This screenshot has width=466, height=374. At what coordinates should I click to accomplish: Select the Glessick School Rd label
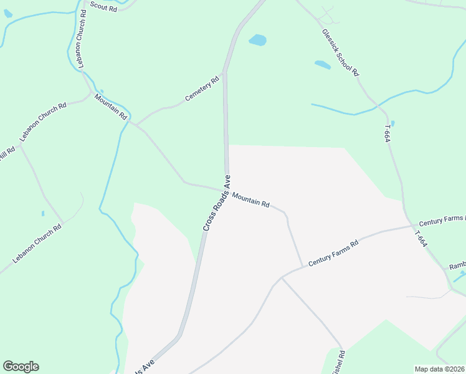(x=341, y=52)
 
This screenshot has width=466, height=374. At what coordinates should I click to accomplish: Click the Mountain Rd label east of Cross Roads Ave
(x=250, y=199)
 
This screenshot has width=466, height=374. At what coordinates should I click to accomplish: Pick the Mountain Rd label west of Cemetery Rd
(x=110, y=107)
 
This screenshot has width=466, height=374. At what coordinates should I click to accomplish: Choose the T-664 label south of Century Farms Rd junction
(x=421, y=239)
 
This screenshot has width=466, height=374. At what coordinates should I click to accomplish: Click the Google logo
(x=21, y=367)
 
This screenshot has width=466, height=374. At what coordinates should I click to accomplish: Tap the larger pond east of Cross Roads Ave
(x=257, y=41)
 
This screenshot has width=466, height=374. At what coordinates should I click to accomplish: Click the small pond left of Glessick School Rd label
(x=322, y=64)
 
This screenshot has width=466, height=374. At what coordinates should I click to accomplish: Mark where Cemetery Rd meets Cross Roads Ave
(x=224, y=73)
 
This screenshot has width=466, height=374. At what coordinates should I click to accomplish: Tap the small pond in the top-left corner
(x=7, y=13)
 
